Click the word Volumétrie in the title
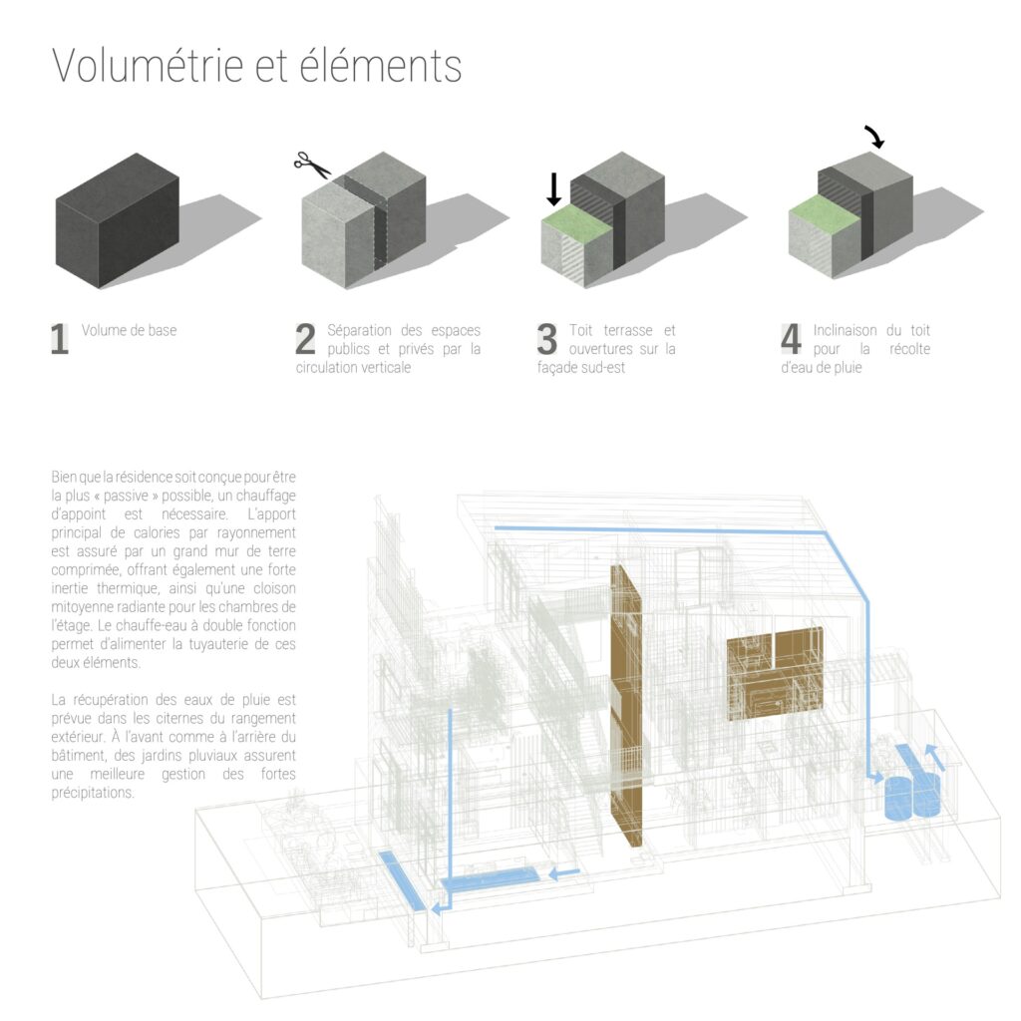click(148, 65)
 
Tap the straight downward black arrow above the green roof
click(553, 188)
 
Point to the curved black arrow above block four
click(875, 136)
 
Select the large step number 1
click(59, 339)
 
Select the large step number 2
click(305, 339)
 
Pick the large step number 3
click(547, 339)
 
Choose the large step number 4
click(791, 339)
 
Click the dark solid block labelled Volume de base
click(118, 220)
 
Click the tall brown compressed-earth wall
click(626, 707)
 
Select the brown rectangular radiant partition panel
click(775, 674)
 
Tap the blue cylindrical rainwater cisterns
click(912, 797)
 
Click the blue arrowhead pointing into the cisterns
click(876, 778)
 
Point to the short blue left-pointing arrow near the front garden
click(564, 873)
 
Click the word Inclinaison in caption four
click(845, 330)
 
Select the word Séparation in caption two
click(359, 330)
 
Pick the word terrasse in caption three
click(628, 330)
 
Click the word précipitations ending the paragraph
click(93, 793)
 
